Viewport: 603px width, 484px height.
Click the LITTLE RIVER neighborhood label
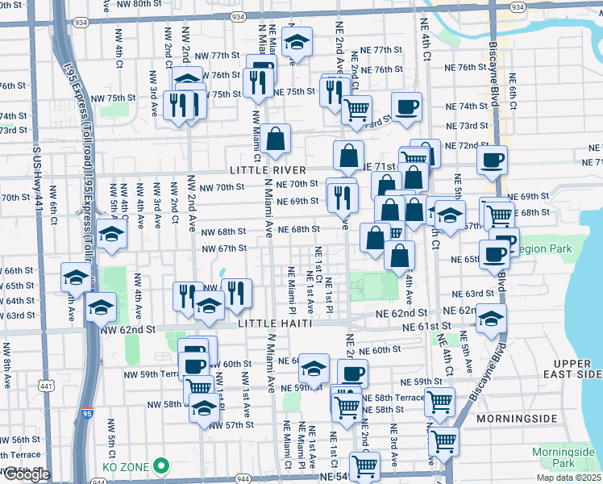pos(268,170)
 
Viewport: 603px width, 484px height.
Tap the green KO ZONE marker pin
pos(162,465)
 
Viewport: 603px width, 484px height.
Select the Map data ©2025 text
pos(568,478)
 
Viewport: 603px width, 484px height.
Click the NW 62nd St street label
pos(127,330)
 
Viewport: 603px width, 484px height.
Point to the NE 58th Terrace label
pos(393,398)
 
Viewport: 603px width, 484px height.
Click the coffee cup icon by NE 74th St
pos(407,106)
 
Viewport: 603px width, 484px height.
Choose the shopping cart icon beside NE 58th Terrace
pos(439,401)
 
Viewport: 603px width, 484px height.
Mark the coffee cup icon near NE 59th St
pos(352,373)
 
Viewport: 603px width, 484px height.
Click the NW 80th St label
pos(131,3)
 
